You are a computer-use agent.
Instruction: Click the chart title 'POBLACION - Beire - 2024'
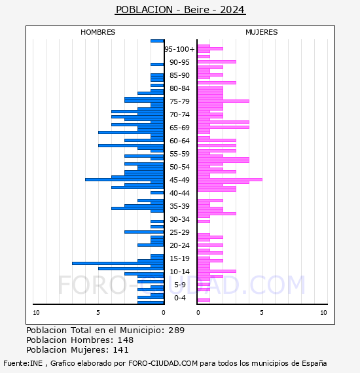[x=180, y=10]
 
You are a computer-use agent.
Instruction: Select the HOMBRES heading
[x=98, y=32]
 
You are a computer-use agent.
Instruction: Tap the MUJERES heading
[x=262, y=32]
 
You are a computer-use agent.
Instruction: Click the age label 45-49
[x=179, y=180]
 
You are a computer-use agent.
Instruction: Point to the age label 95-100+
[x=179, y=49]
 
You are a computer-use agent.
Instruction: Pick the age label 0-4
[x=179, y=298]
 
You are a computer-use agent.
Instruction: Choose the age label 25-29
[x=179, y=232]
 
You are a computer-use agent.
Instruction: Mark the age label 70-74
[x=179, y=115]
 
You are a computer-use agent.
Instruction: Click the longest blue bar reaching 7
[x=118, y=263]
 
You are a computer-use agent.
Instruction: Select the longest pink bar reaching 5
[x=230, y=179]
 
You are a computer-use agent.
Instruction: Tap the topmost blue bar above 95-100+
[x=157, y=41]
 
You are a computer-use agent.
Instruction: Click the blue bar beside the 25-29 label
[x=144, y=232]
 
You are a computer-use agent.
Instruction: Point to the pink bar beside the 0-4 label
[x=204, y=300]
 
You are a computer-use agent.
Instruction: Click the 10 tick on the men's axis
[x=36, y=313]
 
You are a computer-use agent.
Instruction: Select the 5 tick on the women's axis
[x=262, y=313]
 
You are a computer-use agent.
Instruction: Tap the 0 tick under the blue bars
[x=163, y=313]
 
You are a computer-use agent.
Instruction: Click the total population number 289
[x=176, y=330]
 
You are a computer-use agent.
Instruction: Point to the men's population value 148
[x=126, y=340]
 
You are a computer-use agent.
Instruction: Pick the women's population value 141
[x=120, y=350]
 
